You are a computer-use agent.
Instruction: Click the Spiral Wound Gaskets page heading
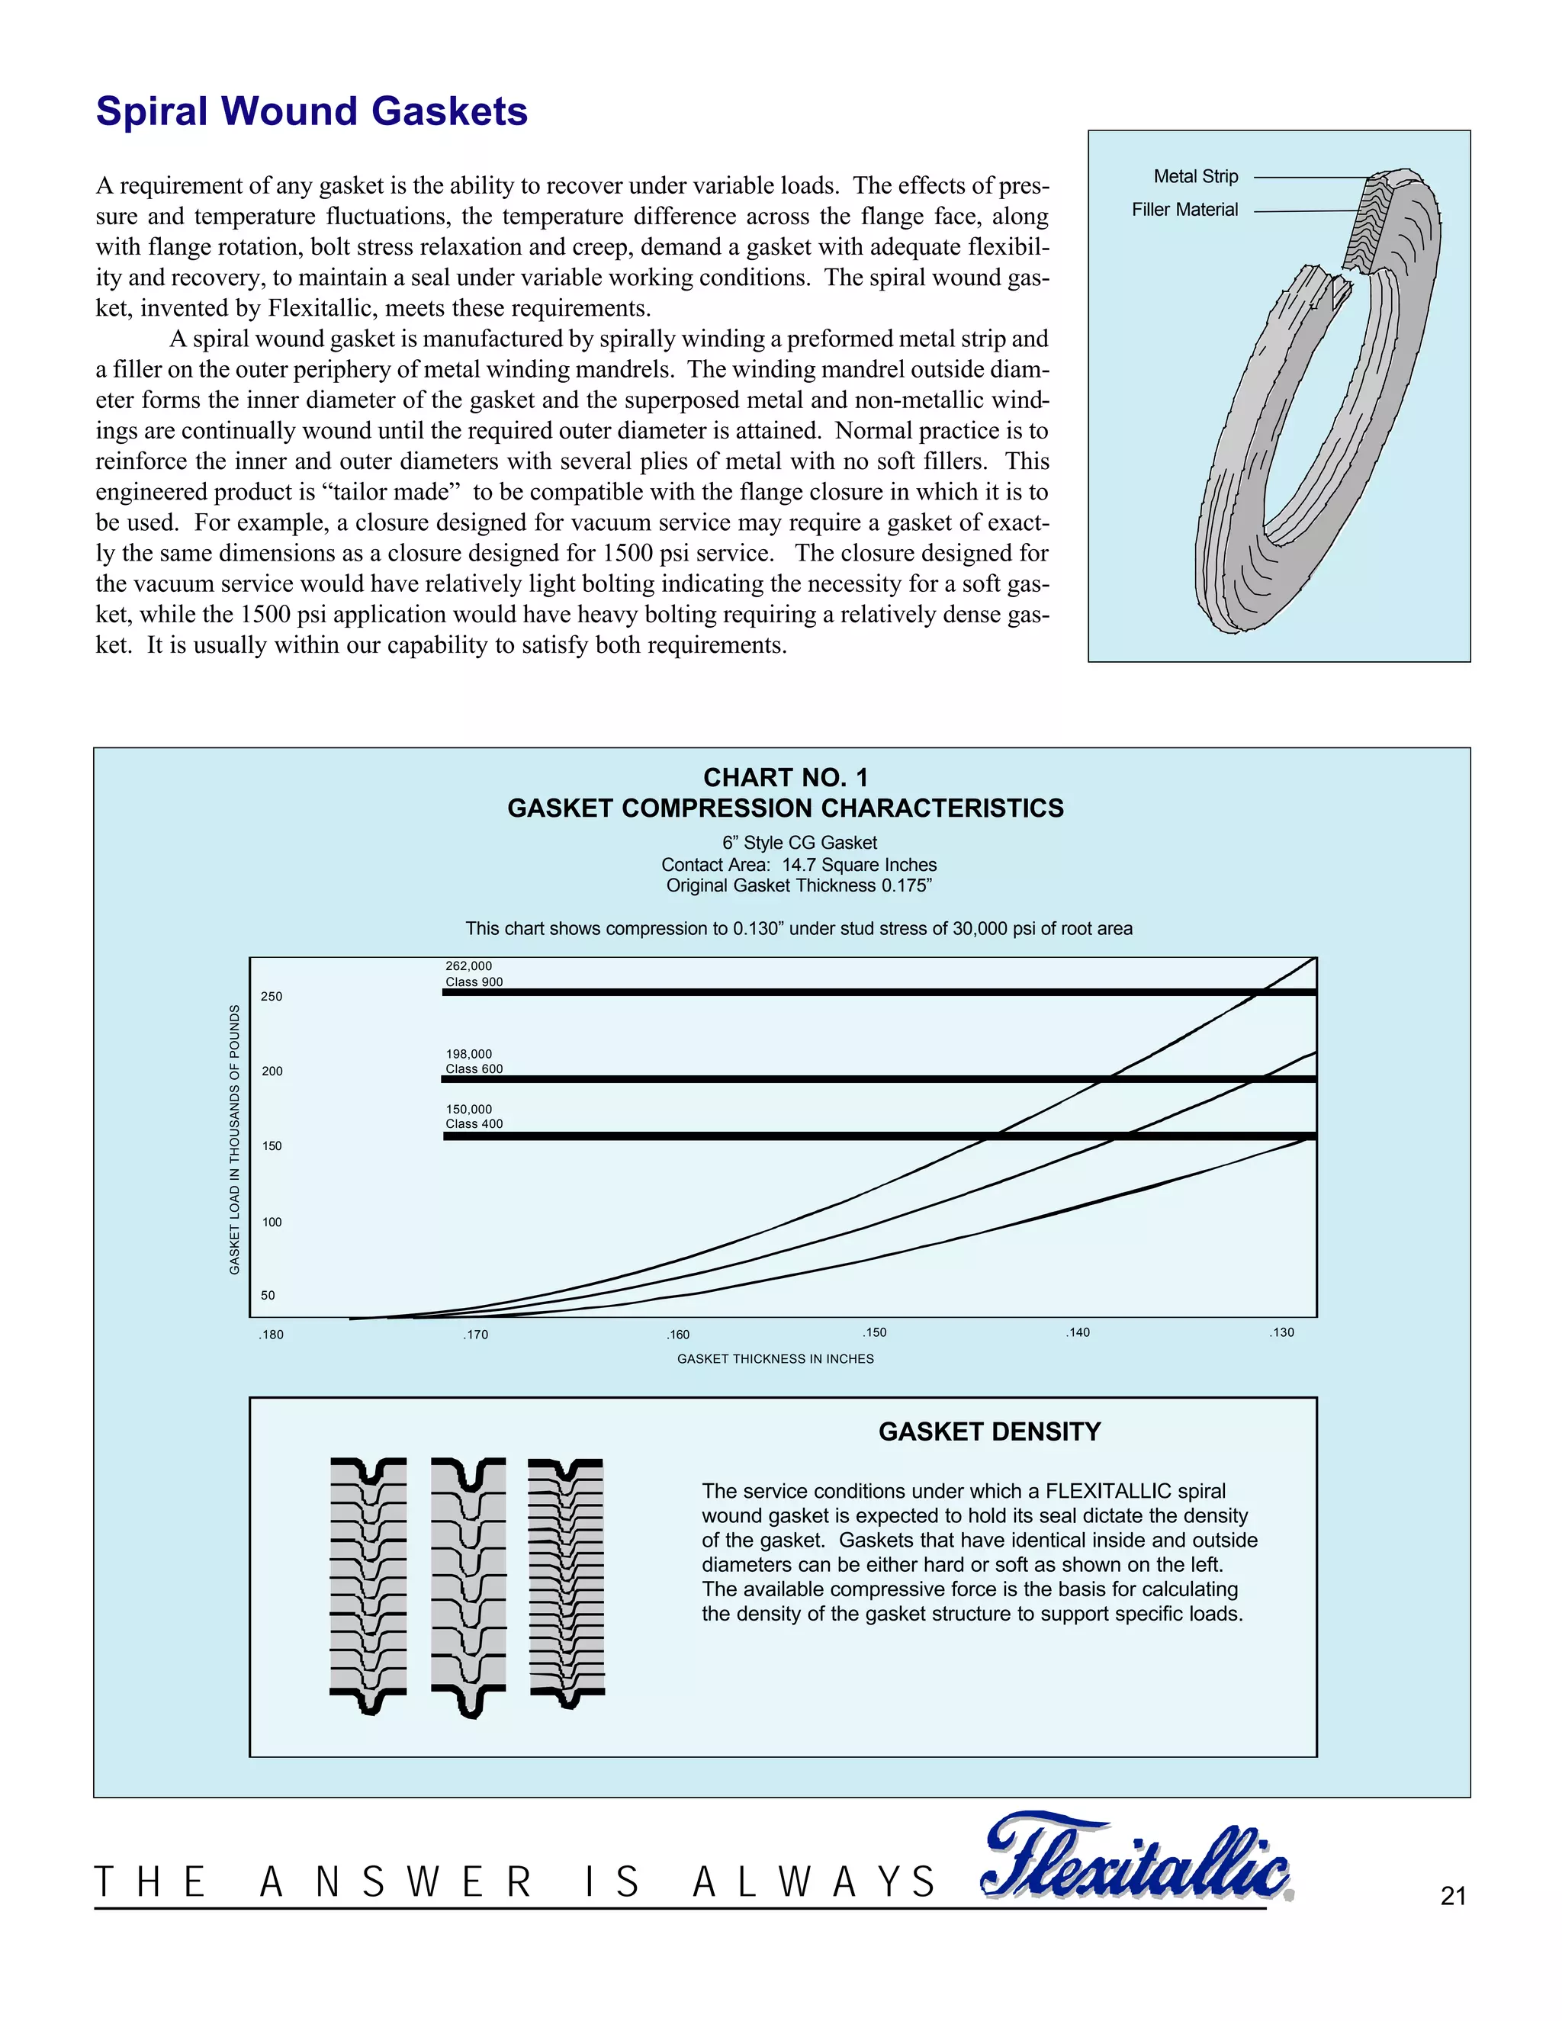[x=312, y=111]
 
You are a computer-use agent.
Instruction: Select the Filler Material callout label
[x=1184, y=210]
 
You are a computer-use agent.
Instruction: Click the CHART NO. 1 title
[x=785, y=777]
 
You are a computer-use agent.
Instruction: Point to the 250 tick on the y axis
[x=271, y=997]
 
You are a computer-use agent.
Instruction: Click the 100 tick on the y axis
[x=271, y=1222]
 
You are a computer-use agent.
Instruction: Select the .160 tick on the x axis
[x=677, y=1335]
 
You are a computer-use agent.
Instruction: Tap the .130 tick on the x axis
[x=1281, y=1332]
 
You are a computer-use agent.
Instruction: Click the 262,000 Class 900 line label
[x=474, y=973]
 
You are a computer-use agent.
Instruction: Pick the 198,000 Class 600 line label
[x=474, y=1062]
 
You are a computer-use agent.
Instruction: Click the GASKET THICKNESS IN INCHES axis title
[x=775, y=1358]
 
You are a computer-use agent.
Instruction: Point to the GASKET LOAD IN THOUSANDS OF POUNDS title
[x=234, y=1139]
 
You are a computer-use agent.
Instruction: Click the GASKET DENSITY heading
[x=989, y=1431]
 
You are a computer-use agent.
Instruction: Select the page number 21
[x=1453, y=1897]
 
